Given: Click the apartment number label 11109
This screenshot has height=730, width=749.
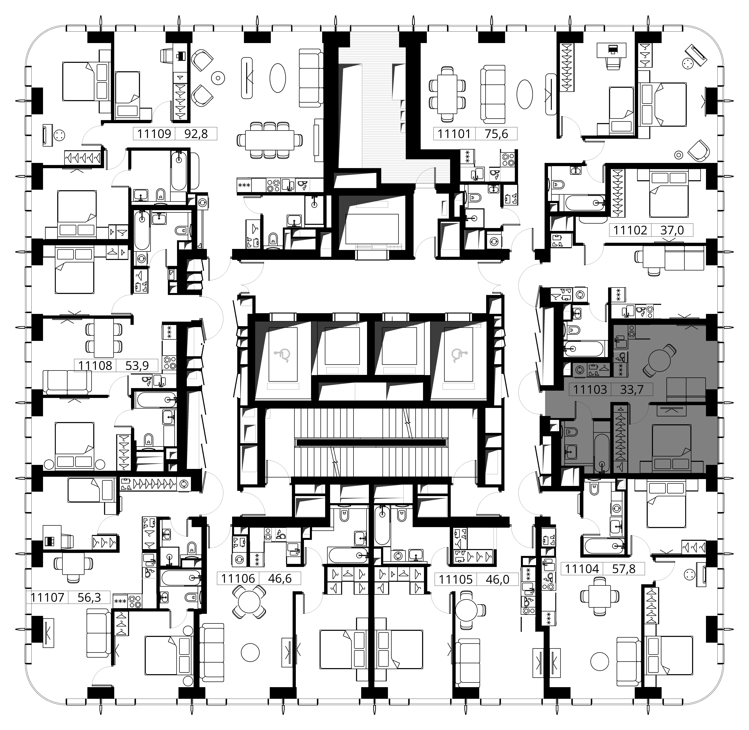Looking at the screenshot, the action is pyautogui.click(x=154, y=134).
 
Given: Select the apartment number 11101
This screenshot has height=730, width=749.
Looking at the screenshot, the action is pyautogui.click(x=454, y=134).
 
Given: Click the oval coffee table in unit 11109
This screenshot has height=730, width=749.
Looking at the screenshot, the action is pyautogui.click(x=278, y=77).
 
